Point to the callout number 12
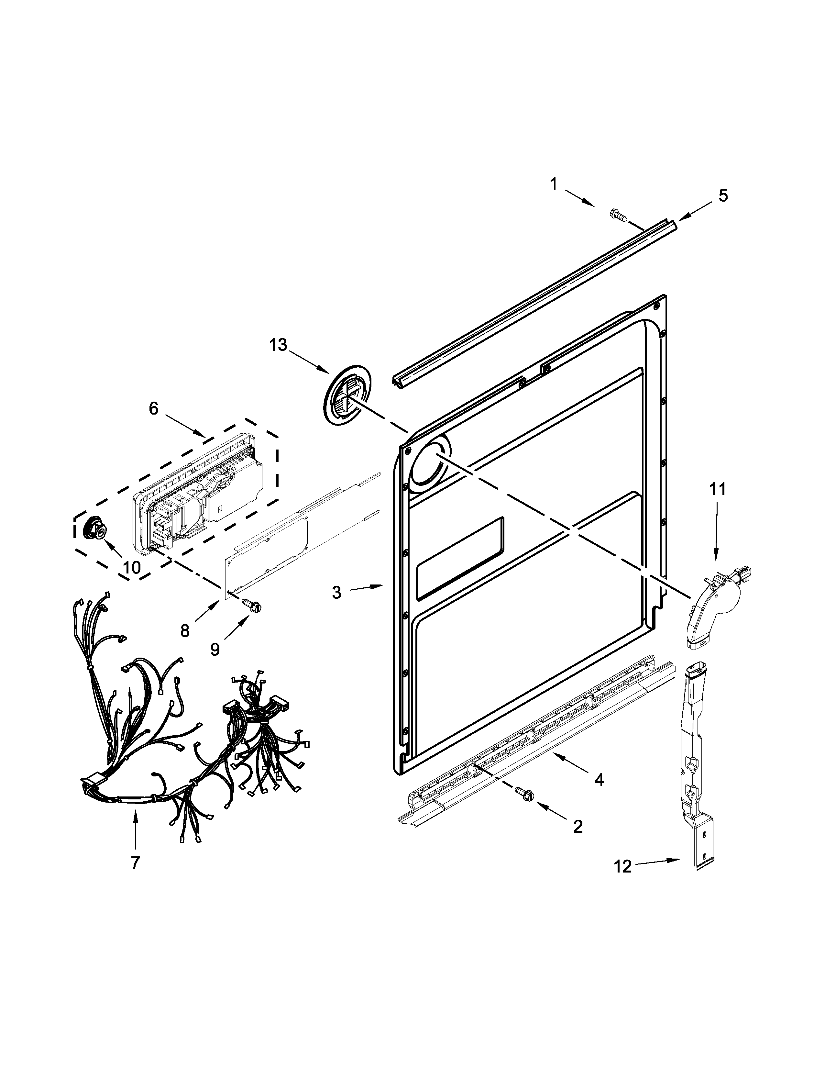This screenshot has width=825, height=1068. [623, 867]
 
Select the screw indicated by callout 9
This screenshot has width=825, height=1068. [252, 605]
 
